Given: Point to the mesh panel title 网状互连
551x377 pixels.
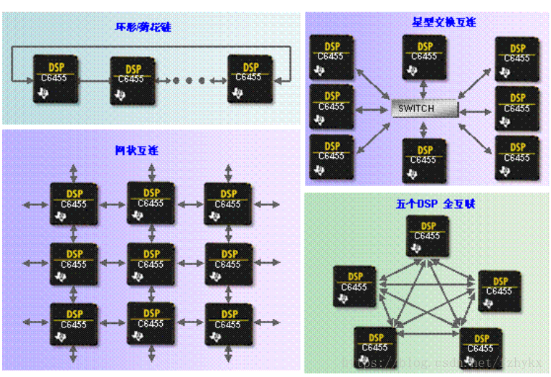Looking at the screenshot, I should click(136, 150).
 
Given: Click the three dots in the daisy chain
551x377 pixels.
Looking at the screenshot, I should click(188, 80).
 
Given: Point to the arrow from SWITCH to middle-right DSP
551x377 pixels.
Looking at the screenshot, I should click(476, 110).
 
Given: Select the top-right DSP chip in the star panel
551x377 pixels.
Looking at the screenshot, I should click(517, 57).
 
